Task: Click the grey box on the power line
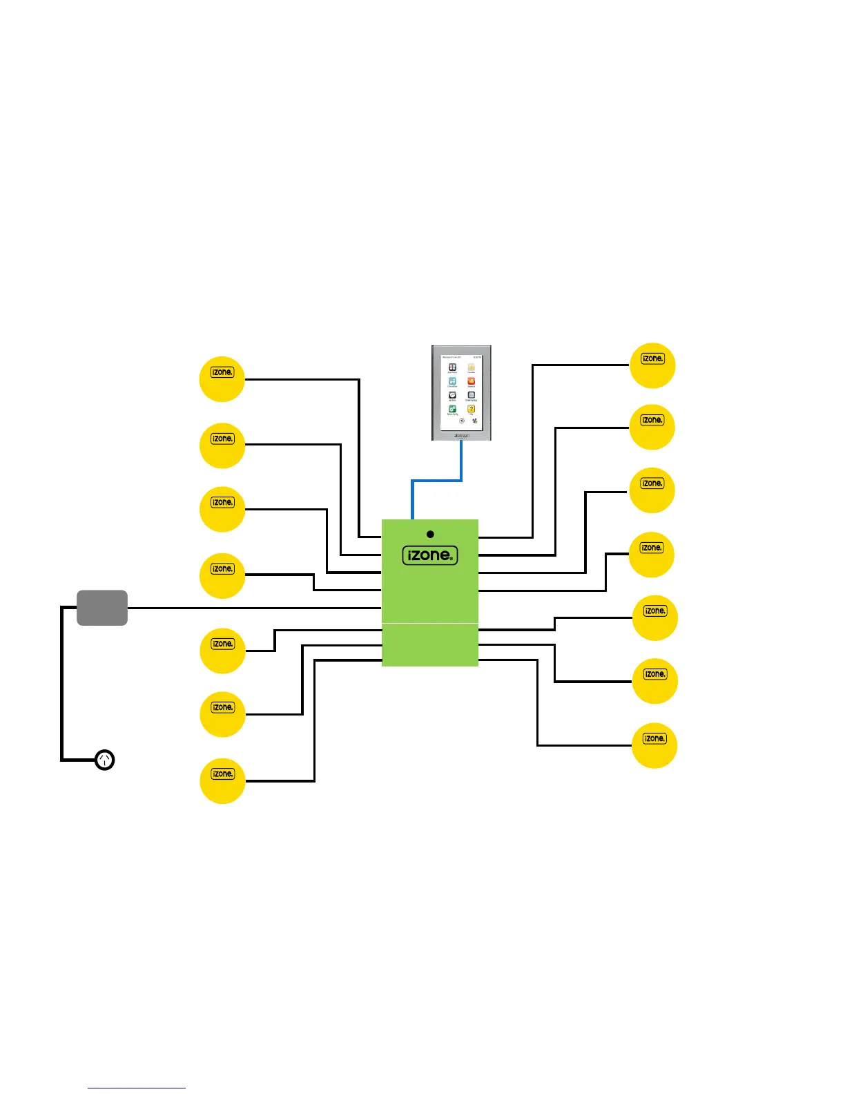(x=102, y=608)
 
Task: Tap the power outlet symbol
(x=104, y=760)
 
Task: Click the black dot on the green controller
(x=430, y=534)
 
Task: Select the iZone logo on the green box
(x=430, y=555)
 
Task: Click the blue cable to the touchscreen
(x=436, y=481)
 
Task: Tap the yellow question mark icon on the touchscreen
(x=471, y=409)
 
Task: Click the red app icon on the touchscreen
(x=471, y=381)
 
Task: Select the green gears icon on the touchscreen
(x=452, y=409)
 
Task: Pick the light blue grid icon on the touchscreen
(x=452, y=381)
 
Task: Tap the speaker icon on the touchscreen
(x=462, y=421)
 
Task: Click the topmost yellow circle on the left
(x=222, y=379)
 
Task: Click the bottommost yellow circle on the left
(x=222, y=780)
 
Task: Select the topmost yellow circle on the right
(x=652, y=365)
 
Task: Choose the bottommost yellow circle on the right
(x=654, y=745)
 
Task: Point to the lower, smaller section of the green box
(x=430, y=645)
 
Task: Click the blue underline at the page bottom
(x=137, y=1088)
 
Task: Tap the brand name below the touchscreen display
(x=461, y=435)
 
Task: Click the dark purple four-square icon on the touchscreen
(x=452, y=367)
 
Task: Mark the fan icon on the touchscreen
(x=475, y=421)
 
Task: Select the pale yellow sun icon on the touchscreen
(x=471, y=367)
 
